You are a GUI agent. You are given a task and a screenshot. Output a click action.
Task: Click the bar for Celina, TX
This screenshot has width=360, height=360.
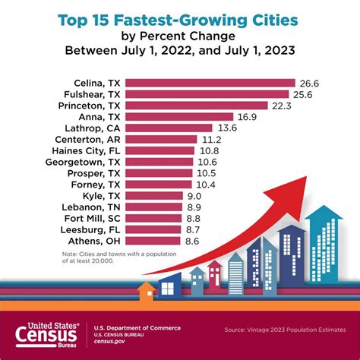point(210,83)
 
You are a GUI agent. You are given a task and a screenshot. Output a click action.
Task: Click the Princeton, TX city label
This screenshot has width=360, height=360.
point(89,106)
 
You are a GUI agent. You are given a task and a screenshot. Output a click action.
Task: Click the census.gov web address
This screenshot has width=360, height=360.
point(111,338)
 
